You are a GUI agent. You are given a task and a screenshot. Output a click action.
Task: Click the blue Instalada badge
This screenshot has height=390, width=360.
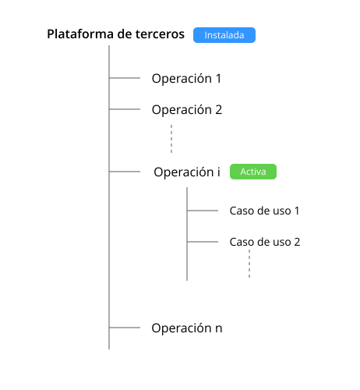pos(224,35)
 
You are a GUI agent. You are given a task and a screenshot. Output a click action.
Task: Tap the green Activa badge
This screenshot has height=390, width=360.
pos(253,172)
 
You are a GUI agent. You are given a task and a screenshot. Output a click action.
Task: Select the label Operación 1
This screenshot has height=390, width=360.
pos(186,78)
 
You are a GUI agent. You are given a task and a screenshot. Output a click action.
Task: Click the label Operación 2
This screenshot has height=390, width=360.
pos(187,109)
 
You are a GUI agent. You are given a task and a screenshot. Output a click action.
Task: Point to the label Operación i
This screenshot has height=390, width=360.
pos(187,172)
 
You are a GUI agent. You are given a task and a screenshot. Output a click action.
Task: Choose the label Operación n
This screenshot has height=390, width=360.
pos(187,328)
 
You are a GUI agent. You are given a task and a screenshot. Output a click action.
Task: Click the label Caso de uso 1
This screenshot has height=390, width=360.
pos(264,211)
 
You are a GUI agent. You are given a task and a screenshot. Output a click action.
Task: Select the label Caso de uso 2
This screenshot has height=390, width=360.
pos(265,242)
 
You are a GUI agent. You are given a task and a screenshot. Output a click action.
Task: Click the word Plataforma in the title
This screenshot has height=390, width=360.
pos(80,34)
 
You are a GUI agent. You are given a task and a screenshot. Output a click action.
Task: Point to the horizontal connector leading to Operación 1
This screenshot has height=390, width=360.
pos(125,78)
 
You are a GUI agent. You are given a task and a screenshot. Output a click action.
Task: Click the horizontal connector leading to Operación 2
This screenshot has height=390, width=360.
pos(125,109)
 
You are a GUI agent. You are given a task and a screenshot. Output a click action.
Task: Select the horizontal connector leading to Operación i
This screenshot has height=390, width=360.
pos(125,172)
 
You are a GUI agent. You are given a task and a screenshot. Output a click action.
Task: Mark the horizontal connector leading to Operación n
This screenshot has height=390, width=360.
pos(125,328)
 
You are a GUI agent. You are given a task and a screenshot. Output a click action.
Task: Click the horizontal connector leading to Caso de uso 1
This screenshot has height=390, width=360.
pos(203,211)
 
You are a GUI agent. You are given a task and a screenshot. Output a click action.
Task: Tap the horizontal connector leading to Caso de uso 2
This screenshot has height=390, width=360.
pos(203,242)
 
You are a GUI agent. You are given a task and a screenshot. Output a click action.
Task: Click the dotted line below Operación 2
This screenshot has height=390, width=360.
pos(171,139)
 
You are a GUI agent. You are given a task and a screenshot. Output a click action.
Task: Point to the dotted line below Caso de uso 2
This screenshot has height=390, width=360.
pos(249,264)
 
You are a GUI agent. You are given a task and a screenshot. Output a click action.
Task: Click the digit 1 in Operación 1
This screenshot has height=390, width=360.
pos(218,79)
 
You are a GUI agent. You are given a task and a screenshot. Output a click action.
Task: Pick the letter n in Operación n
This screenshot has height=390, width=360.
pos(219,328)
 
